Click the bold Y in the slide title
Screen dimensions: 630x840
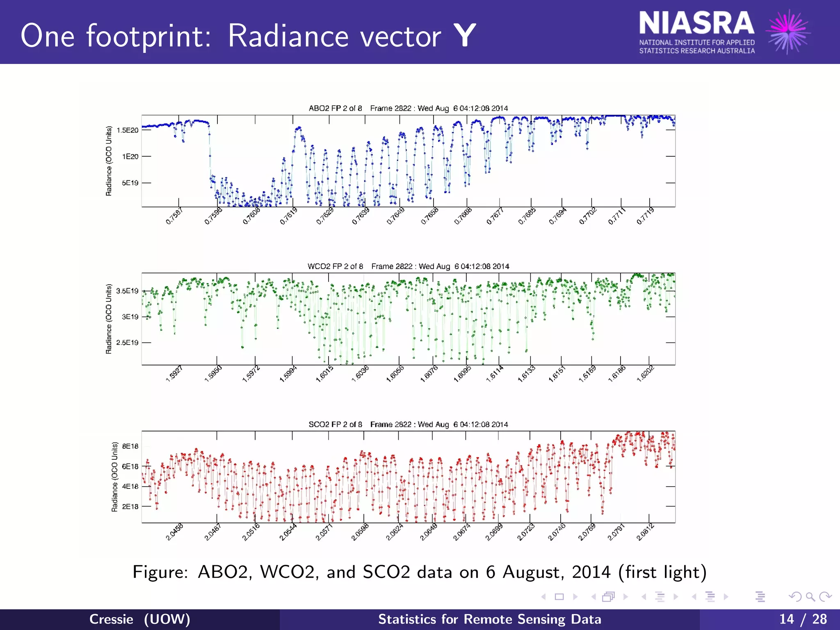465,36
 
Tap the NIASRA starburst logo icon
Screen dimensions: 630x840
788,32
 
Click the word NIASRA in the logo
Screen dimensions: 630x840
696,23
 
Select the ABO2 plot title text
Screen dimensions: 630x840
408,108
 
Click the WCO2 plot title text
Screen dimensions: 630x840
408,266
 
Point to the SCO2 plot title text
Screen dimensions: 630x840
408,424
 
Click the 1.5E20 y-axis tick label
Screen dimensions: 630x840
128,130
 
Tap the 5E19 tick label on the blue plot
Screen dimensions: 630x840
130,183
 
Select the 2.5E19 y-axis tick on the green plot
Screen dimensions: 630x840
128,342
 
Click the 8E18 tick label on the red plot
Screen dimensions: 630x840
130,446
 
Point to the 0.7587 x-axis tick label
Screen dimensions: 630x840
174,216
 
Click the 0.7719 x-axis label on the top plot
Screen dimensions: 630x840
645,216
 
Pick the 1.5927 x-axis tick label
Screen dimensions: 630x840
174,374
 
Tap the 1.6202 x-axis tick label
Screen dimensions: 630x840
645,374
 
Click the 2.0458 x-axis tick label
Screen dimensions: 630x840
174,532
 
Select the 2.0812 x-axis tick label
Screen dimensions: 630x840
645,532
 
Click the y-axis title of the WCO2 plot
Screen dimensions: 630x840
109,319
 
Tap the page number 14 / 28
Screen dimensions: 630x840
803,619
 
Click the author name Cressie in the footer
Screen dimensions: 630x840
111,619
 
